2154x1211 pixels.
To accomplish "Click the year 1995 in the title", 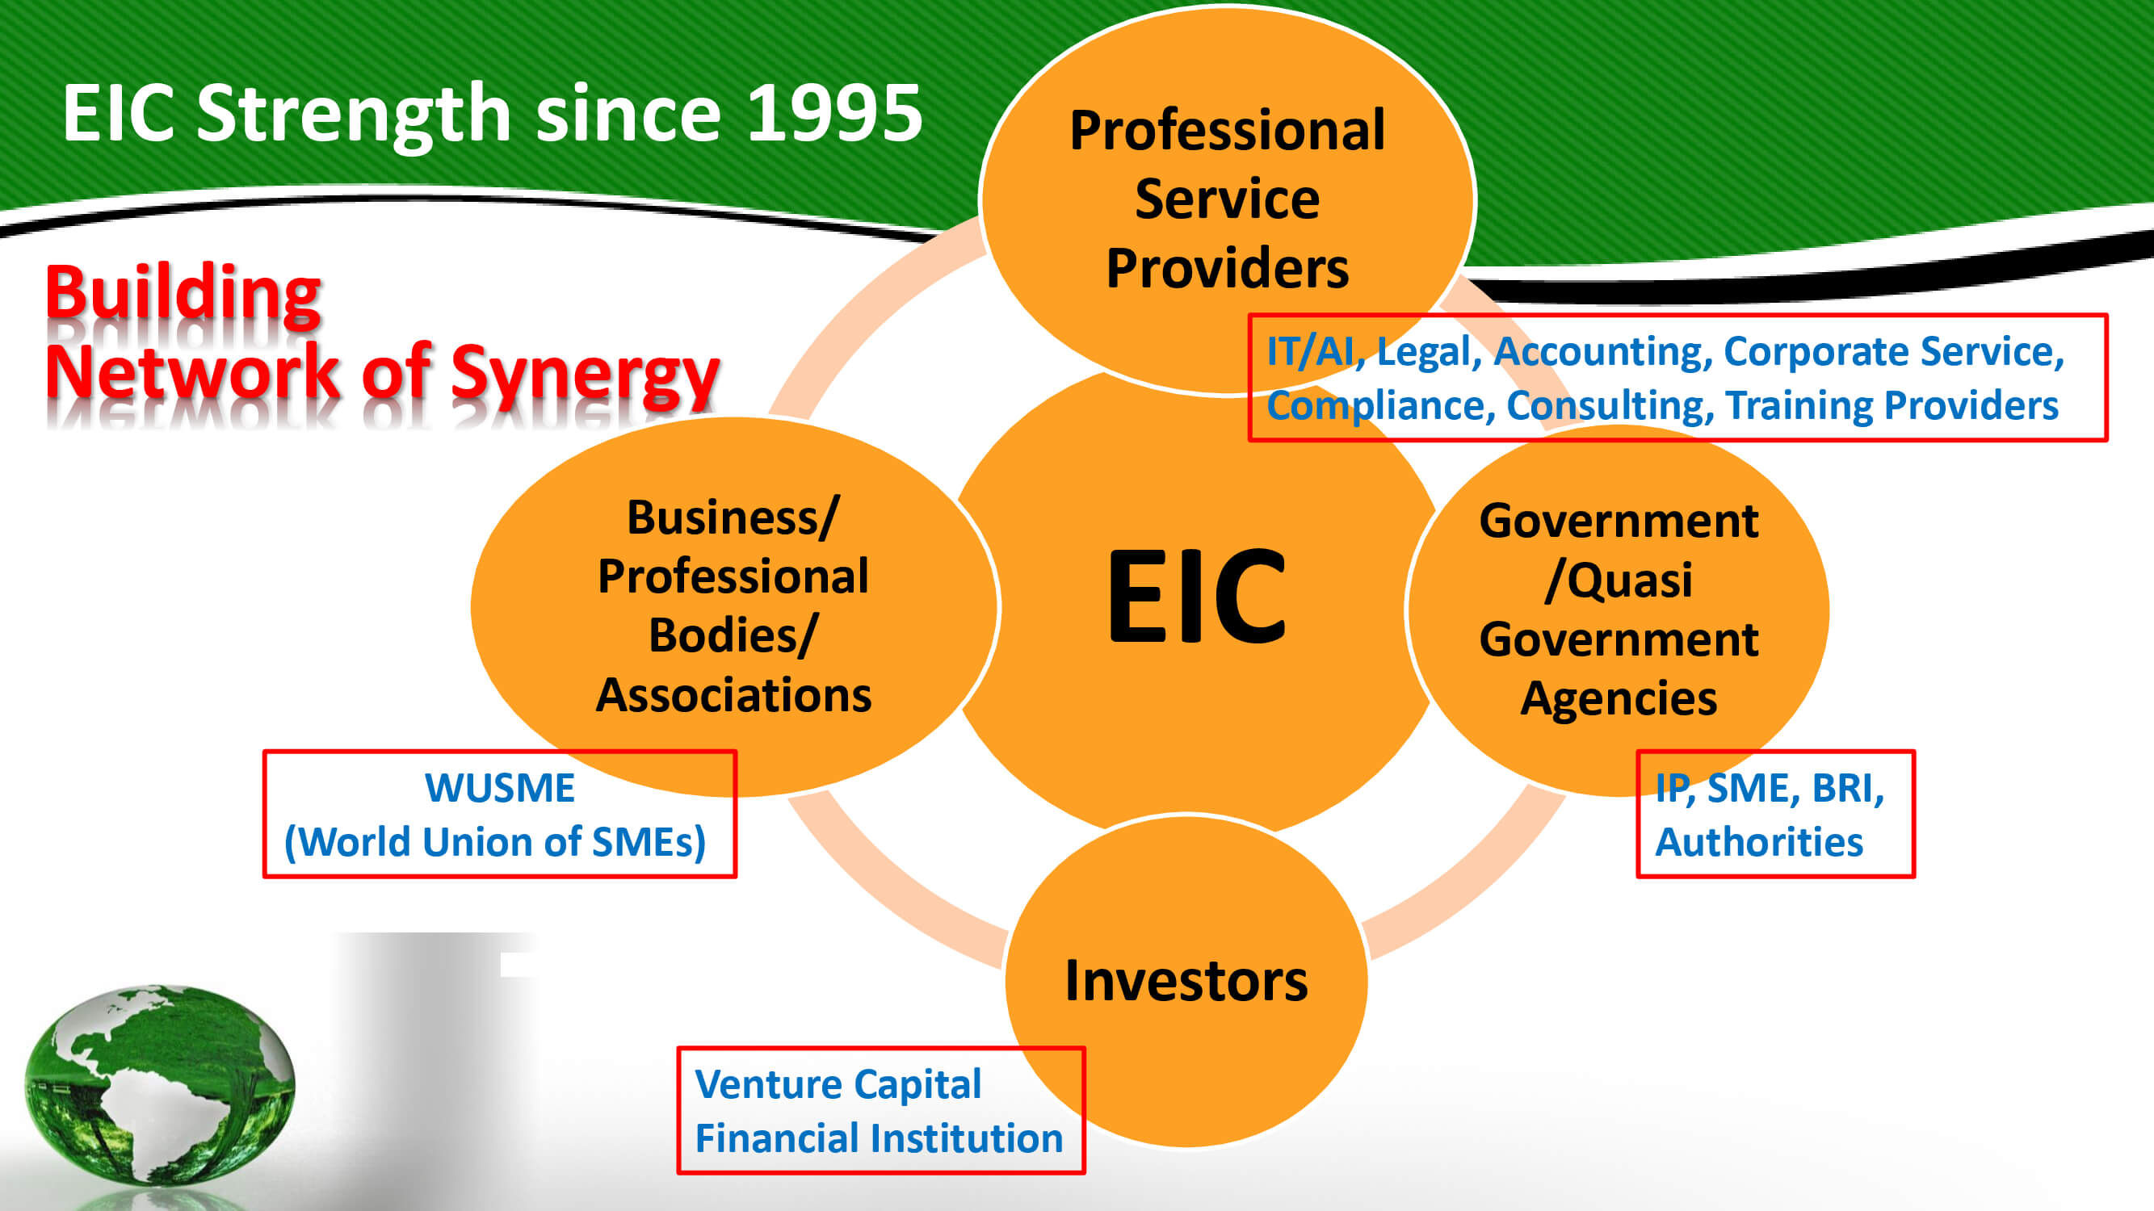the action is [834, 113].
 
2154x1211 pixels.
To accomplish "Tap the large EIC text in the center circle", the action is [1196, 595].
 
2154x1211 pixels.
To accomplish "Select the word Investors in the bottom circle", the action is [1186, 980].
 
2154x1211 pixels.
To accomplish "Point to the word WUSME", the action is [500, 788].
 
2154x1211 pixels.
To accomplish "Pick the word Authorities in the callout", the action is [1759, 841].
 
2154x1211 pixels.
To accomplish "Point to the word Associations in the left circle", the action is [733, 694].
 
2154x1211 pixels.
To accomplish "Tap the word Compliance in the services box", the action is [1379, 406].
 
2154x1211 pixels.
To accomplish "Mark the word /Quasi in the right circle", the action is [1619, 580].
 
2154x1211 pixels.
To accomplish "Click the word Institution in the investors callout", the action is [971, 1138].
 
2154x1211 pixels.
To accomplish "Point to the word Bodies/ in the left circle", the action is [733, 635].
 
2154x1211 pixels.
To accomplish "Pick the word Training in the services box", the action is [1799, 406].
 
